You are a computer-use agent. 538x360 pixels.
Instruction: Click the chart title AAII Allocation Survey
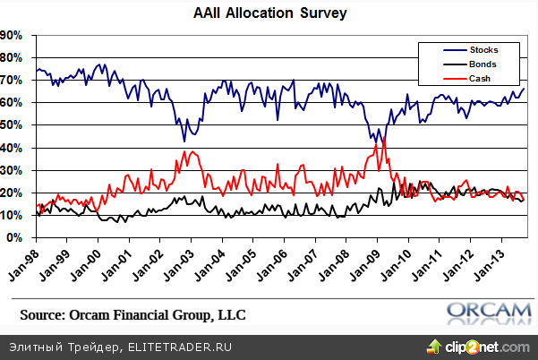(270, 14)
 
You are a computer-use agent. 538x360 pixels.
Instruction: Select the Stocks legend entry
(484, 49)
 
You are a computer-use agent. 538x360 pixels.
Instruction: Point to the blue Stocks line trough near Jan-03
(184, 141)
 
